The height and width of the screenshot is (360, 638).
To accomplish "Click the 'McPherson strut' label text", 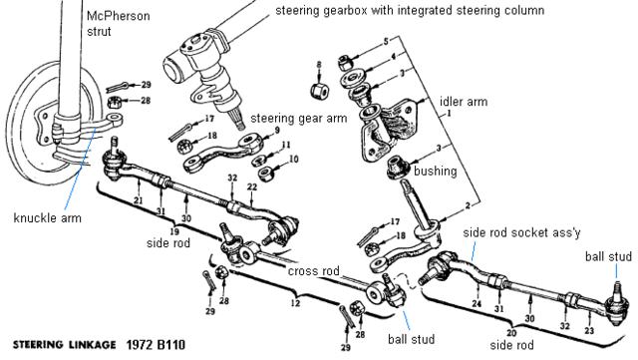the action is pos(118,24).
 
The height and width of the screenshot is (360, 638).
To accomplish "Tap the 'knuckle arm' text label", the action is pos(48,218).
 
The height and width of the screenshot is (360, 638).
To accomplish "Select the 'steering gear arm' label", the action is pos(299,119).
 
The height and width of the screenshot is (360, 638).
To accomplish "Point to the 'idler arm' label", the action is pos(464,102).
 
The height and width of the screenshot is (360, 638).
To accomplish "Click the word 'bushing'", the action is pos(436,172).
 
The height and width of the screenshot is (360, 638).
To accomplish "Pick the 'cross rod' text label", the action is pos(313,271).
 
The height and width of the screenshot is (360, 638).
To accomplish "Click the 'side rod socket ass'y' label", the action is pos(521,233).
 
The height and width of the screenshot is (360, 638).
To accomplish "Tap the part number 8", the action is pos(319,65).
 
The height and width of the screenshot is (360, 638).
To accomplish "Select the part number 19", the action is pos(174,231).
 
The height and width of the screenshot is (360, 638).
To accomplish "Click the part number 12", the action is pos(295,303).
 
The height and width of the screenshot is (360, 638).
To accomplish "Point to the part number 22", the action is pos(252,186).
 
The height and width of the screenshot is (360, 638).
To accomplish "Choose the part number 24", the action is pos(477,304).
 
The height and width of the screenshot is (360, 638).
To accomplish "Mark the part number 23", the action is pos(589,331).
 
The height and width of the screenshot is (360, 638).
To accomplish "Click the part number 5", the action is pos(386,41).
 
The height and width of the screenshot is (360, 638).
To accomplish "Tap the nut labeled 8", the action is pos(320,91).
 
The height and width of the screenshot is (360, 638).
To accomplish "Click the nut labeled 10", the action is pos(266,174).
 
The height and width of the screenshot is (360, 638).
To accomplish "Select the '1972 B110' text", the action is pos(156,345).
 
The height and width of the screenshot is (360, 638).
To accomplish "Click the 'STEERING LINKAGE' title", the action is pos(64,345).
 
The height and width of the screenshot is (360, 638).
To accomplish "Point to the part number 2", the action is pos(468,205).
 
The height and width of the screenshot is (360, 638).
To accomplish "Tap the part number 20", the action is pos(511,333).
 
